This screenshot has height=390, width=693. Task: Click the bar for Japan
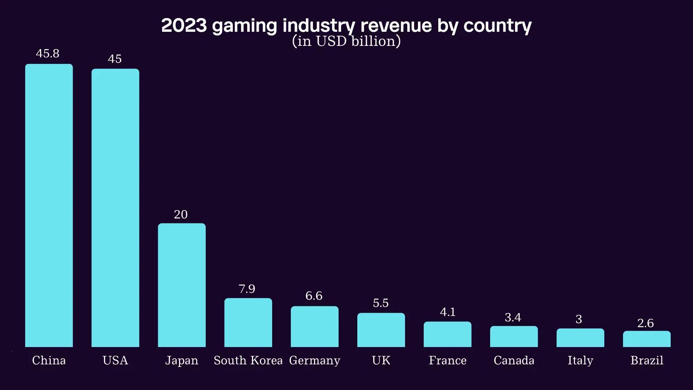tap(182, 285)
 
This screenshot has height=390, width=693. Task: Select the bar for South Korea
tap(248, 322)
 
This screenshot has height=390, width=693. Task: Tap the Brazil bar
tap(646, 339)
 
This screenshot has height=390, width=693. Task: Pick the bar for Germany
tap(314, 327)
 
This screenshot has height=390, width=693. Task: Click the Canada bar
tap(514, 337)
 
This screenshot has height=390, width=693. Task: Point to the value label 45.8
tap(48, 53)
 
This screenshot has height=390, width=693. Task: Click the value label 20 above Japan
tap(181, 214)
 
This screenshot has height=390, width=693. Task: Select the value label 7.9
tap(247, 289)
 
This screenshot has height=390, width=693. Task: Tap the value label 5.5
tap(381, 303)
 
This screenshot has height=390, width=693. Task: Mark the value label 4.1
tap(448, 312)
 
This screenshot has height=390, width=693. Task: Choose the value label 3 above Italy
tap(579, 319)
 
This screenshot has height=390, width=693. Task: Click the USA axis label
tap(115, 360)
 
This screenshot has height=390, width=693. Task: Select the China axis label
tap(49, 360)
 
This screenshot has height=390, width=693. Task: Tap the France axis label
tap(448, 360)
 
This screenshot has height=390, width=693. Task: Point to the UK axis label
tap(381, 360)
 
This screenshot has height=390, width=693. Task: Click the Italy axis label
tap(580, 360)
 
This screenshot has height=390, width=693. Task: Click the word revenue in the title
tap(396, 26)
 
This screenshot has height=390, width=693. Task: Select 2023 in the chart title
tap(184, 26)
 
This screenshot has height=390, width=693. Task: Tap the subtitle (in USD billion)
tap(346, 41)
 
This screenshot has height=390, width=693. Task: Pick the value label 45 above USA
tap(115, 59)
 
